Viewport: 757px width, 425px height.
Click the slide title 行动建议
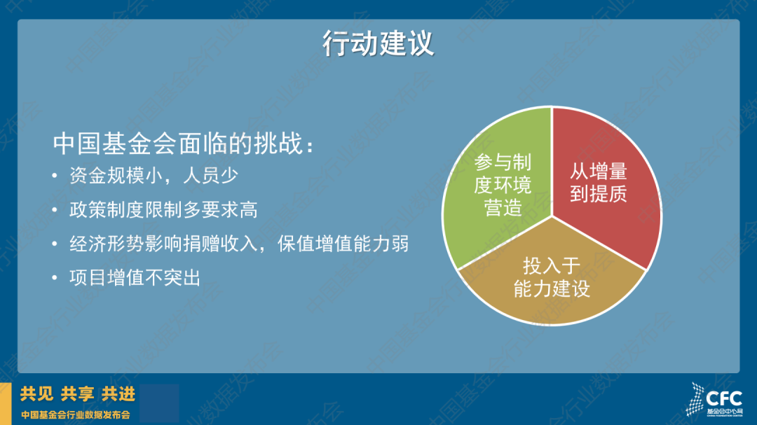coord(378,43)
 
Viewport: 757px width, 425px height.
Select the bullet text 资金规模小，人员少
coord(154,176)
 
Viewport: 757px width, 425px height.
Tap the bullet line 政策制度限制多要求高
coord(163,210)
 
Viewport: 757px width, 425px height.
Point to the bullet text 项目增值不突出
coord(135,278)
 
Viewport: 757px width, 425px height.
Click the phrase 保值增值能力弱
coord(343,244)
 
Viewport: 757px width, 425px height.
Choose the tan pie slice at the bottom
coord(552,285)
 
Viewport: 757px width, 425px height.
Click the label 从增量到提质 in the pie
coord(598,182)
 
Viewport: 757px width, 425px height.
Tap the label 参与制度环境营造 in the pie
coord(503,186)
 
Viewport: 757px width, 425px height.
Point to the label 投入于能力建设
coord(552,277)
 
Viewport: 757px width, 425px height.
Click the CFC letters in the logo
coord(723,399)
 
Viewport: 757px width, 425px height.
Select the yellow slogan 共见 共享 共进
coord(77,394)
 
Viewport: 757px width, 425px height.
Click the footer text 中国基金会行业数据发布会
coord(75,415)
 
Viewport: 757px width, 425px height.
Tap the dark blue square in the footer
coord(159,403)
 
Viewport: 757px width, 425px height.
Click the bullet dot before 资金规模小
coord(55,176)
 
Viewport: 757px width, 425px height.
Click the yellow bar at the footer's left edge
coord(6,404)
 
